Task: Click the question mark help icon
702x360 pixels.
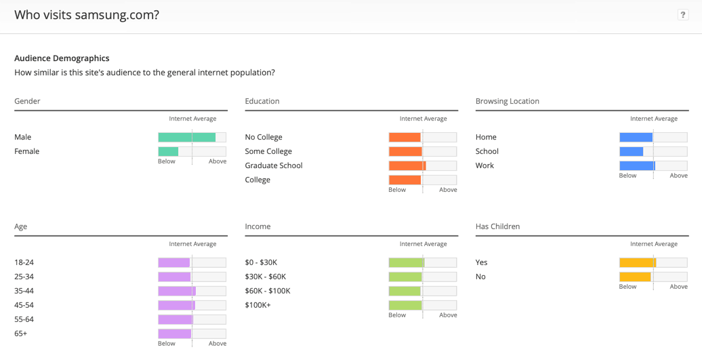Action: (x=682, y=15)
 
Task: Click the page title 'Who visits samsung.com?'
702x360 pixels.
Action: (x=87, y=15)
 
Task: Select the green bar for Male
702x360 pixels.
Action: (x=187, y=137)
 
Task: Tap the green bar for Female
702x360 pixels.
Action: (x=168, y=151)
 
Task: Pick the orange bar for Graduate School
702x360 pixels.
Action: (x=407, y=165)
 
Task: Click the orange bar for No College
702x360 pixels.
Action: (x=405, y=137)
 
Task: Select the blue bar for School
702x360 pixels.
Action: (x=632, y=151)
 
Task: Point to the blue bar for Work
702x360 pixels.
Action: (x=637, y=165)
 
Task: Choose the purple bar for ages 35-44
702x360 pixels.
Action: (x=177, y=291)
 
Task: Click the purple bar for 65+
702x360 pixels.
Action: (x=175, y=334)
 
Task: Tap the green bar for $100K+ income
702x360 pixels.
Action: (x=405, y=305)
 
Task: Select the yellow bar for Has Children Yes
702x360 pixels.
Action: (x=638, y=262)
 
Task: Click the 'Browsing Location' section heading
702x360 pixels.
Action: (x=508, y=101)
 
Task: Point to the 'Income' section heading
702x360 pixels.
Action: (x=257, y=226)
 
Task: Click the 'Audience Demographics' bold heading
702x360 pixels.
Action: (x=62, y=58)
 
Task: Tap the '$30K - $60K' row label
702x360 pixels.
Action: (x=266, y=277)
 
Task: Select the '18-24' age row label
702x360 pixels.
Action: (x=24, y=262)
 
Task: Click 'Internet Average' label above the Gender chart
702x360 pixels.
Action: (x=192, y=119)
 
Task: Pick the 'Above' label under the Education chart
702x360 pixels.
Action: (x=448, y=190)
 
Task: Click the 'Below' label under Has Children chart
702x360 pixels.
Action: (x=627, y=287)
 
